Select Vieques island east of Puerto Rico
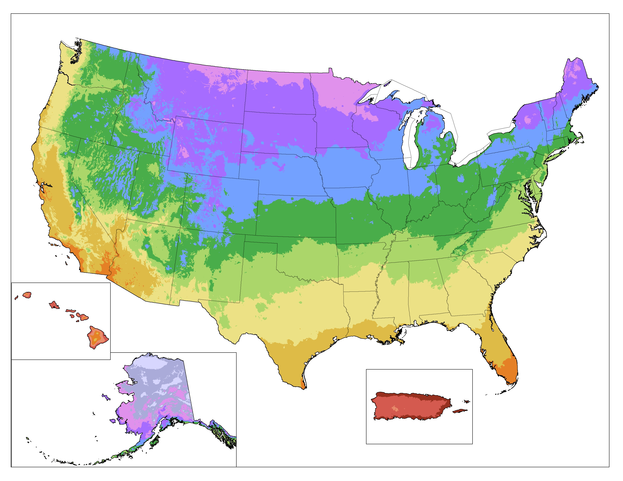pyautogui.click(x=460, y=411)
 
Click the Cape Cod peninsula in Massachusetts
pyautogui.click(x=581, y=140)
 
